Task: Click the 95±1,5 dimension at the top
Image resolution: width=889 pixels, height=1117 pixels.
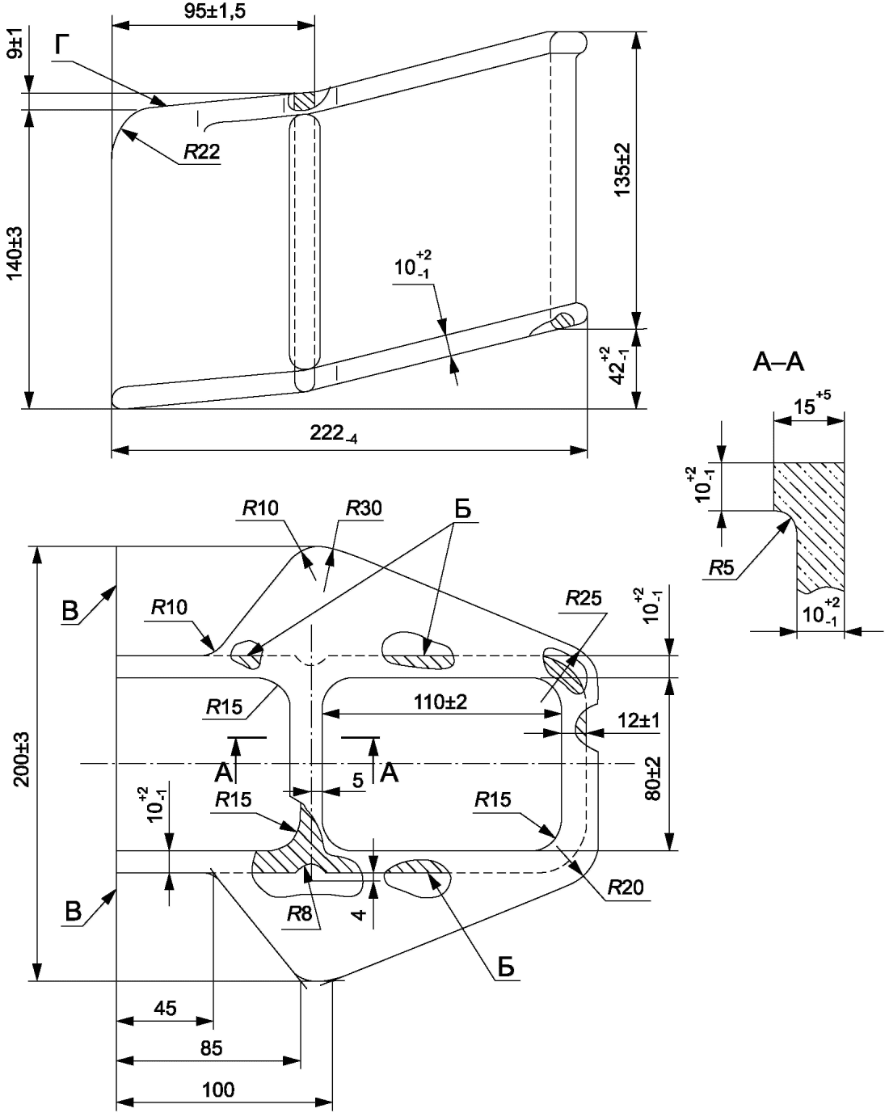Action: coord(214,11)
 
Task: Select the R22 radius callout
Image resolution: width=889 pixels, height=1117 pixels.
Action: coord(201,152)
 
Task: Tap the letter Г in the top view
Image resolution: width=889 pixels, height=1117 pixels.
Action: coord(61,46)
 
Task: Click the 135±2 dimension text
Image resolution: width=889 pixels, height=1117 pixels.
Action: coord(622,169)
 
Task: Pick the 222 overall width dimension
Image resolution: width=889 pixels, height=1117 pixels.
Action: coord(333,433)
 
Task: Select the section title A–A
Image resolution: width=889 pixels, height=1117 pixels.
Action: coord(778,362)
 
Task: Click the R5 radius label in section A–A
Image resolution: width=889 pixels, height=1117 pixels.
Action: coord(722,568)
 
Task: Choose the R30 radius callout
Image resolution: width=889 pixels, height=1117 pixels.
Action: coord(364,508)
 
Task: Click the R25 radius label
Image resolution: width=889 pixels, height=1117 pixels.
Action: coord(584,598)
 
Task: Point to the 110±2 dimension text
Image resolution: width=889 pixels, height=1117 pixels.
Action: coord(440,702)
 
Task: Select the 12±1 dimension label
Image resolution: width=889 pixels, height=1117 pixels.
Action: coord(638,720)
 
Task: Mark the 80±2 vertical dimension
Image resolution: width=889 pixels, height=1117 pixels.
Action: coord(653,778)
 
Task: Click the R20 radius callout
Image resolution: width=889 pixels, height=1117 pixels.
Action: coord(626,887)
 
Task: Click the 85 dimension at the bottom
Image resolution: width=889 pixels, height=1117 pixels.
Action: coord(211,1048)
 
